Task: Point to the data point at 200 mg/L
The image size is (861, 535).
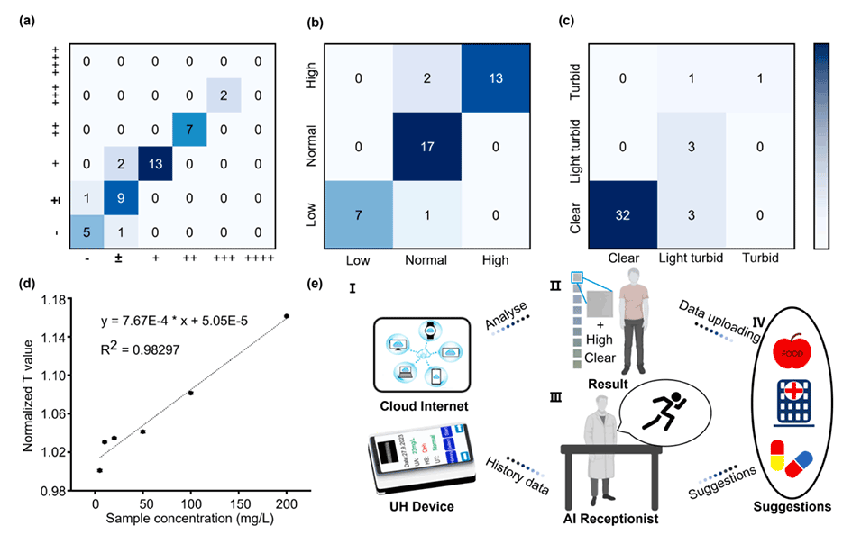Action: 287,316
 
